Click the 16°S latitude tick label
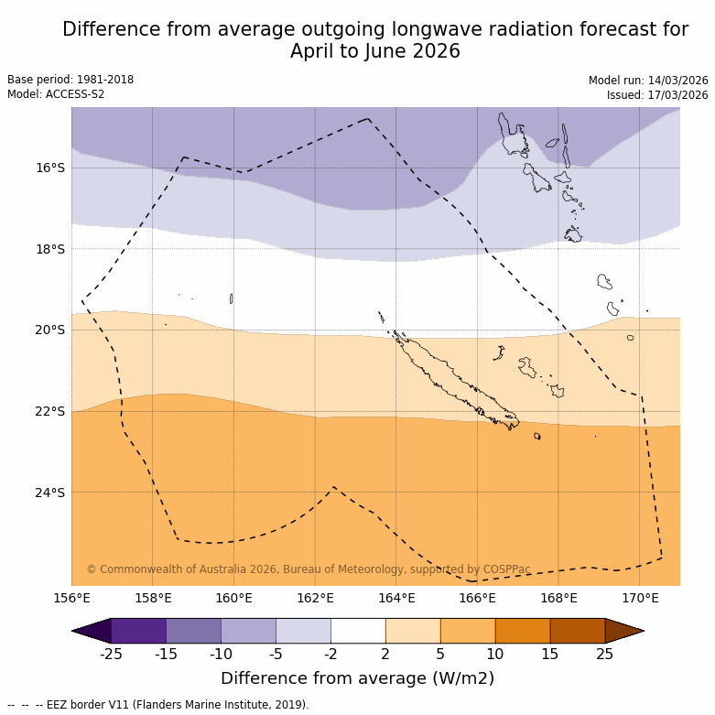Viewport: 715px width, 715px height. tap(50, 168)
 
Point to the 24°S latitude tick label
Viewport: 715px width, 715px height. tap(50, 493)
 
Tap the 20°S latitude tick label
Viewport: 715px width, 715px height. tap(50, 330)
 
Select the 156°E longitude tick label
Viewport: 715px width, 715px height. tap(71, 599)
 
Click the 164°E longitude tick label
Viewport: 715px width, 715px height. tap(396, 599)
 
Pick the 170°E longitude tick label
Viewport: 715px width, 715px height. tap(640, 599)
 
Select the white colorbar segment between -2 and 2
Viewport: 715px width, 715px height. tap(358, 631)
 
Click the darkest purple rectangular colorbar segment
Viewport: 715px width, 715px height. tap(138, 631)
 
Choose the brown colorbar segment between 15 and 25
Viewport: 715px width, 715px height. tap(578, 631)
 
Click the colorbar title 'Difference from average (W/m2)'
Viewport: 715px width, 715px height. tap(357, 678)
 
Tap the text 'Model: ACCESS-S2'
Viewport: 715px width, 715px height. tap(56, 94)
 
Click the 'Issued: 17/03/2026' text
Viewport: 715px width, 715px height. tap(657, 95)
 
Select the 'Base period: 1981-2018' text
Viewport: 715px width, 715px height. tap(70, 80)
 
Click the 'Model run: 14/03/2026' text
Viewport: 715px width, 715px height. tap(648, 81)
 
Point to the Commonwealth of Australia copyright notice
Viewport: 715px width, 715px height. tap(309, 569)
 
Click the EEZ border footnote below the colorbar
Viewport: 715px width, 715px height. tap(158, 705)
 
